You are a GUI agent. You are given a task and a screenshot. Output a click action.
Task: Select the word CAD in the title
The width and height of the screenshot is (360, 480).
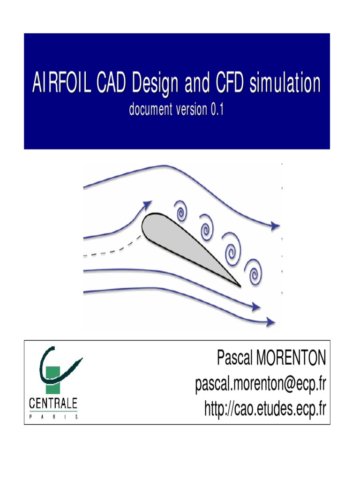112,83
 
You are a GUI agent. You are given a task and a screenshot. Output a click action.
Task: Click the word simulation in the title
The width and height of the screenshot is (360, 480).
285,83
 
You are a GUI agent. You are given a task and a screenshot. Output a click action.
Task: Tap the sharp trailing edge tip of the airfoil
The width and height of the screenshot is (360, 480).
239,285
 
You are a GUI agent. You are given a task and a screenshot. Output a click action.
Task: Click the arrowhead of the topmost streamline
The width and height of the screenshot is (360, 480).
275,226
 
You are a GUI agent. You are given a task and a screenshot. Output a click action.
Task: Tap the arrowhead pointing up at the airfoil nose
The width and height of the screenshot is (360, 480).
147,205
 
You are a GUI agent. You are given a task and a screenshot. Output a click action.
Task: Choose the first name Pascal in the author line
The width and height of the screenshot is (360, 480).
234,359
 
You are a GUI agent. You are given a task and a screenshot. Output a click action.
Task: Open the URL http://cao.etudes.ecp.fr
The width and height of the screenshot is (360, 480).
265,409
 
